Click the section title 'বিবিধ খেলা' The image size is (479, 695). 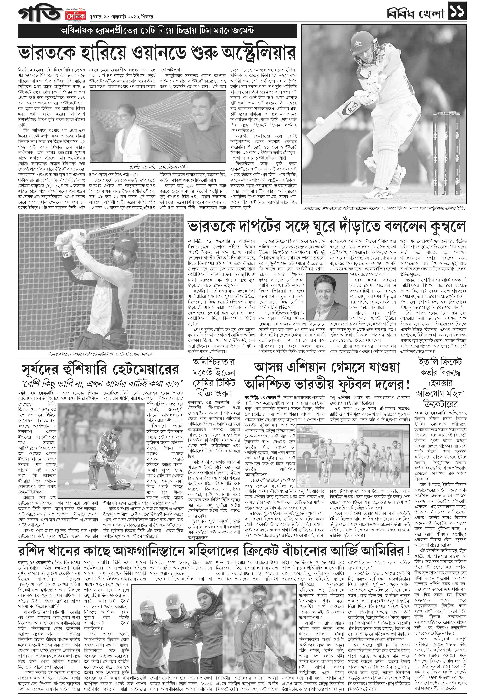click(x=415, y=13)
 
